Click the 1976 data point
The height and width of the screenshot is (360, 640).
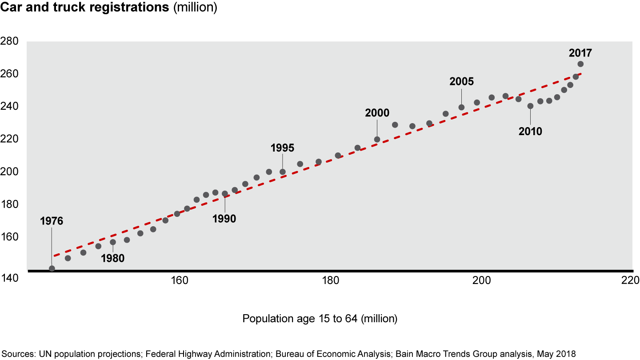point(52,268)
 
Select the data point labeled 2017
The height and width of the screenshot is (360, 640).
point(580,64)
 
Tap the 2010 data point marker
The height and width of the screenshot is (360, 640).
point(530,106)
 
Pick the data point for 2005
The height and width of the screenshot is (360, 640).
point(461,107)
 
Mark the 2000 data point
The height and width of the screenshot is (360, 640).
point(377,140)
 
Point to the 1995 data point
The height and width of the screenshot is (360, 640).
point(282,172)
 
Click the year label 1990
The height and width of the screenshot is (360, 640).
point(224,218)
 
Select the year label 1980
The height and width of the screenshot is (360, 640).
point(112,258)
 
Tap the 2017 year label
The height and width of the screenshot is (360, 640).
point(580,53)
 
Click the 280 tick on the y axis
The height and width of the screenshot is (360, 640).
point(9,41)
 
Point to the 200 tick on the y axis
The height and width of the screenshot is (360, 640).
point(9,172)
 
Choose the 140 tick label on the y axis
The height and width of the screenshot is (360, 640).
point(9,278)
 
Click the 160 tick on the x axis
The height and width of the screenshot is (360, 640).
point(179,280)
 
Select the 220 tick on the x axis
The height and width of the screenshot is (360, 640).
point(630,280)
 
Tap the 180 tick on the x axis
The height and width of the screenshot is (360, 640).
point(329,280)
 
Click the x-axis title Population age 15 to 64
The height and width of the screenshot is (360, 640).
point(320,319)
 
